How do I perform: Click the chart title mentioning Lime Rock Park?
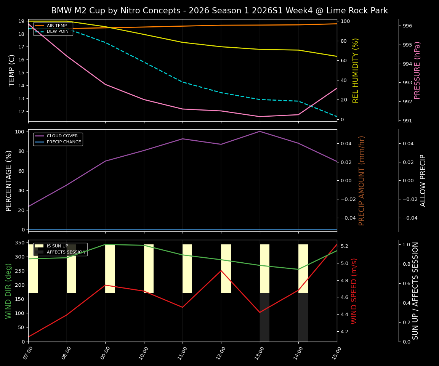click(x=219, y=11)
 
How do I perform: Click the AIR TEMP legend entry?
click(x=56, y=26)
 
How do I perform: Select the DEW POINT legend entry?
click(x=59, y=32)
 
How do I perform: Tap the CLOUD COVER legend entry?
click(x=62, y=136)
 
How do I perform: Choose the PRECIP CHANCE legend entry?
click(x=64, y=142)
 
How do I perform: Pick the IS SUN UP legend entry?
click(x=57, y=246)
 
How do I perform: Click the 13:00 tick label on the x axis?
click(x=260, y=350)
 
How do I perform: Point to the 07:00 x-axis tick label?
click(x=28, y=350)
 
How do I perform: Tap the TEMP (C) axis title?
click(x=12, y=70)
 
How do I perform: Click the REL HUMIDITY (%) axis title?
click(x=356, y=70)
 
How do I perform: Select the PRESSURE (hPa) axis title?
click(x=417, y=70)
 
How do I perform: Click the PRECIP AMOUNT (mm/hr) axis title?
click(x=362, y=180)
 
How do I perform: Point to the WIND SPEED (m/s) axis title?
click(x=354, y=291)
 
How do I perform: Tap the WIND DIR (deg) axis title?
click(x=8, y=291)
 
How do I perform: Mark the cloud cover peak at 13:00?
click(x=260, y=132)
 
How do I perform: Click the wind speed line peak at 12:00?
click(x=221, y=271)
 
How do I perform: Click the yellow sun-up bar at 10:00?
click(x=149, y=269)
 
